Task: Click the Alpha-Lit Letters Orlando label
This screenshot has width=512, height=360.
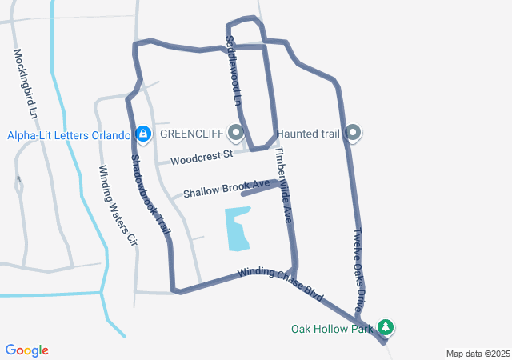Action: click(69, 134)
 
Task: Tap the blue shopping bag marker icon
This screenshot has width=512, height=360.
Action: click(143, 134)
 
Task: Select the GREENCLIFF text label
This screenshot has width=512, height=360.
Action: click(192, 133)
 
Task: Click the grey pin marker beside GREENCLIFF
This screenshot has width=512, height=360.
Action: click(236, 132)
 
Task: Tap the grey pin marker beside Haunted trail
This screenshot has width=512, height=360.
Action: click(354, 133)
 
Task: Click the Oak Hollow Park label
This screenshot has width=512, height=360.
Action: click(332, 328)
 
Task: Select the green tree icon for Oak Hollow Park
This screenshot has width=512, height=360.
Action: click(386, 327)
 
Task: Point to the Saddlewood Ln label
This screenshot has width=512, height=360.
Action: click(232, 72)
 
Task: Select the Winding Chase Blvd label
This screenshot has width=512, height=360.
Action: click(280, 284)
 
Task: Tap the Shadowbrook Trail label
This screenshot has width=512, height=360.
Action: click(150, 194)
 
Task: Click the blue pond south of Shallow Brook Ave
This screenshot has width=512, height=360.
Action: click(238, 229)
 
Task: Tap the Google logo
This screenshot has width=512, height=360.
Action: click(26, 350)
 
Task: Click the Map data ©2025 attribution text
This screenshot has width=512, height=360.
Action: click(477, 354)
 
